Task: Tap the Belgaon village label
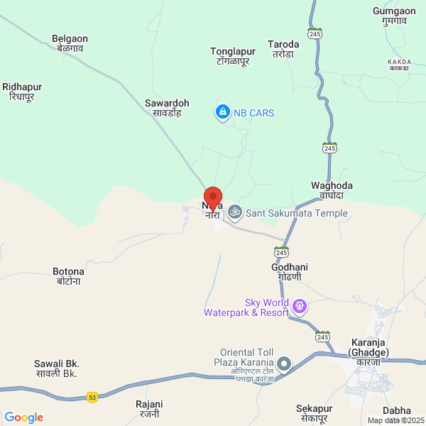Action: click(70, 44)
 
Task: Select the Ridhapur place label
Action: click(22, 92)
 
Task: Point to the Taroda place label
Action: click(283, 49)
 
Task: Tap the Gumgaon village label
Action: click(395, 16)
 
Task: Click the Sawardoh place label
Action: click(168, 107)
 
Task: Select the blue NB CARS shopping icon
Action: click(223, 112)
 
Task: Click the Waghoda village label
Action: click(332, 190)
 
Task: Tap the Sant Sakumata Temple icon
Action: click(235, 212)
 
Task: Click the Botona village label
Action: click(68, 276)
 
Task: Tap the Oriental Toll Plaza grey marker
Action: click(284, 364)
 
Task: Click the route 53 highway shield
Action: click(92, 397)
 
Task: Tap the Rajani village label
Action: click(149, 408)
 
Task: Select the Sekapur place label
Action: click(314, 413)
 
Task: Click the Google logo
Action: click(23, 417)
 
